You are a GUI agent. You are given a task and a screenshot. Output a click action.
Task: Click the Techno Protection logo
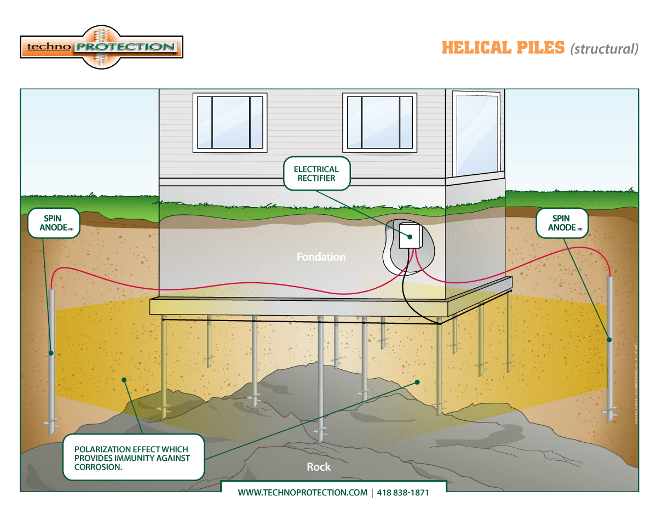[x=101, y=47]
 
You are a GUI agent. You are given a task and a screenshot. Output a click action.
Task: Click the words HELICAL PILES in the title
[x=503, y=48]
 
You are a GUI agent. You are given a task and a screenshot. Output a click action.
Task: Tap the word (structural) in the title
[x=604, y=49]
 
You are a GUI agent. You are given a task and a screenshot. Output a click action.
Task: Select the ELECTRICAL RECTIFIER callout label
[x=316, y=173]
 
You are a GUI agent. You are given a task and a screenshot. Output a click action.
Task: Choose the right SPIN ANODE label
[x=561, y=222]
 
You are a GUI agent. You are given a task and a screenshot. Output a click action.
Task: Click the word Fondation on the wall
[x=321, y=256]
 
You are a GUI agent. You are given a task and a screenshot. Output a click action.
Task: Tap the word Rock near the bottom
[x=319, y=467]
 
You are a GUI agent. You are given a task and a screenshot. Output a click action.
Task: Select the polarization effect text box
[x=133, y=457]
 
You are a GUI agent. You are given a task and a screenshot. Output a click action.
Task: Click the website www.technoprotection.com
[x=302, y=492]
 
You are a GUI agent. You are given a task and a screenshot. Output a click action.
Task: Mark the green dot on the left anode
[x=51, y=352]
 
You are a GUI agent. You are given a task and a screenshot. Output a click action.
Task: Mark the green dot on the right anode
[x=609, y=340]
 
